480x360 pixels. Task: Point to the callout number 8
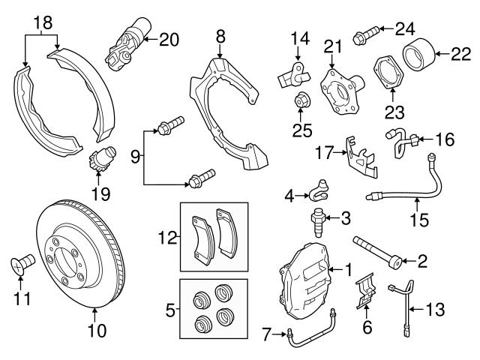(220, 35)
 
